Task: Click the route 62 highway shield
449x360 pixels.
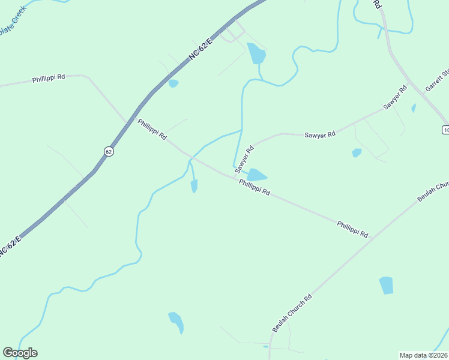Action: tap(108, 151)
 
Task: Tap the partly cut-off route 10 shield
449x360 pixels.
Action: tap(445, 130)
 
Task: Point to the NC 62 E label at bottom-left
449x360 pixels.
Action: tap(10, 246)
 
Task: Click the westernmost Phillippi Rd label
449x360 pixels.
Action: tap(49, 79)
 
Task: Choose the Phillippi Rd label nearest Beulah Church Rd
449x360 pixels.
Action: tap(352, 229)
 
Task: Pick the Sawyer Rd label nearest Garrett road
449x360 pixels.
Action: tap(396, 97)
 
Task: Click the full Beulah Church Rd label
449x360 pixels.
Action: tap(292, 313)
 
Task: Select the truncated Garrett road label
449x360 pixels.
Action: tap(437, 81)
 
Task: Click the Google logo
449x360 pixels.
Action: tap(20, 353)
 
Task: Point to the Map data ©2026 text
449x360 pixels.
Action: tap(423, 355)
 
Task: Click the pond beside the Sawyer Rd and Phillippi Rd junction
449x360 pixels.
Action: tap(257, 175)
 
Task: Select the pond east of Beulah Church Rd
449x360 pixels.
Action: tap(386, 285)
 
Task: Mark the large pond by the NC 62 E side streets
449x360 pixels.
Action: tap(256, 55)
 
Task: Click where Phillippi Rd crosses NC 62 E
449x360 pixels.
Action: tap(128, 122)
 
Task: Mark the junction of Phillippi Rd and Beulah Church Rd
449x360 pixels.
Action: tap(372, 238)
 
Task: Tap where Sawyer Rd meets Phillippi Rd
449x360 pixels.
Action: tap(235, 175)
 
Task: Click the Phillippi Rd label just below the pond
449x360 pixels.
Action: tap(255, 188)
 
